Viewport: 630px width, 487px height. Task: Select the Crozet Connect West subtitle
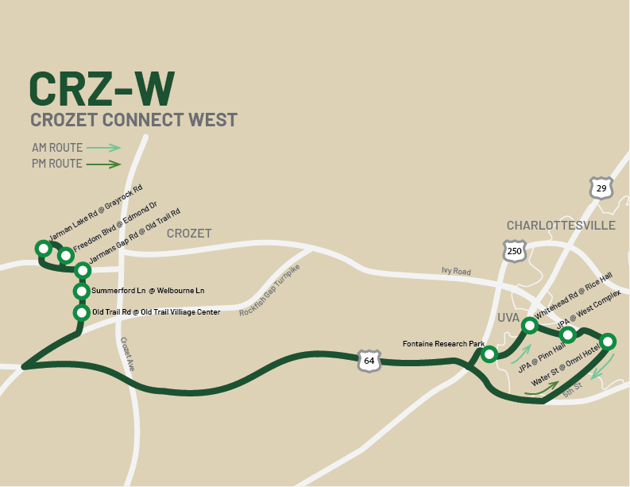[x=133, y=120]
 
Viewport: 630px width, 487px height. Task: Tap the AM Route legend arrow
[x=103, y=148]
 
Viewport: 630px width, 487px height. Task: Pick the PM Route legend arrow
[x=103, y=164]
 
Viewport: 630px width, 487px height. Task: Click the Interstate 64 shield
[x=369, y=360]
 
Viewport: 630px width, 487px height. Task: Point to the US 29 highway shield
[x=601, y=187]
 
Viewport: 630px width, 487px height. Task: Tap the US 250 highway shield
[x=515, y=252]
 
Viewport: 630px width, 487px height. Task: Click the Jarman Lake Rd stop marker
[x=44, y=249]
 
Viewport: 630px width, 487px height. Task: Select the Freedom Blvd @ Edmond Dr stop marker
[x=66, y=255]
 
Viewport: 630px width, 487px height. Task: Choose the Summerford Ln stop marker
[x=81, y=291]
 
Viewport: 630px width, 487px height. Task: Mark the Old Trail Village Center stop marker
[x=80, y=313]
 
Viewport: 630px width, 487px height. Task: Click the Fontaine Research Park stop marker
[x=489, y=354]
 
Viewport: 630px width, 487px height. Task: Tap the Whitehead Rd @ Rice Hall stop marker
[x=529, y=324]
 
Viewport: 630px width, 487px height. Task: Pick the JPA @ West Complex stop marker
[x=568, y=334]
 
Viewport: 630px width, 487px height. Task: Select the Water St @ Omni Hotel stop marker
[x=608, y=342]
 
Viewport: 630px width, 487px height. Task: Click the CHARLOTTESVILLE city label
[x=561, y=226]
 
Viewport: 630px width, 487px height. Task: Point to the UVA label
[x=508, y=317]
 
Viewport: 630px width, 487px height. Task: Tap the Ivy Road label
[x=456, y=272]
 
